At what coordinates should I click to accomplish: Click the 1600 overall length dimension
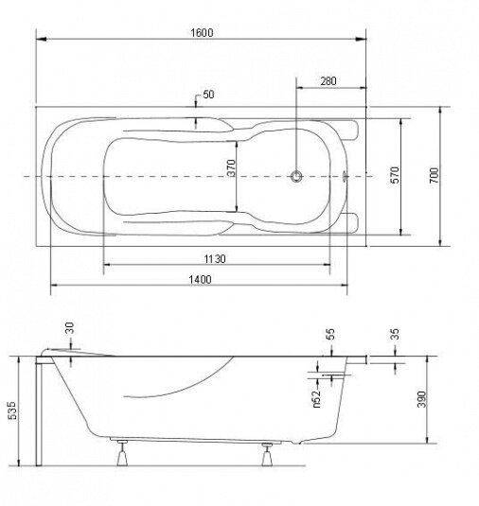point(202,32)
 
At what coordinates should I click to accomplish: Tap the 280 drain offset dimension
point(328,81)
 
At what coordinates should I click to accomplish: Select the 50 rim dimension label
point(208,95)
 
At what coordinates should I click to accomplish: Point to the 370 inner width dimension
point(231,167)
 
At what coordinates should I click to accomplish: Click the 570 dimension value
point(395,175)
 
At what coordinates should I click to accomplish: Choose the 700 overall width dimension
point(435,176)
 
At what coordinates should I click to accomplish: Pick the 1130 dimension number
point(215,259)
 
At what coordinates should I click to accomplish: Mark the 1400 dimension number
point(200,279)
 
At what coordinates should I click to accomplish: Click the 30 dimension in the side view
point(69,328)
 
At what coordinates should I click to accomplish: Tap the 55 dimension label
point(330,334)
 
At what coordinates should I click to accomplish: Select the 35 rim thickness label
point(395,334)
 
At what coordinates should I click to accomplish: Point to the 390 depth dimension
point(421,399)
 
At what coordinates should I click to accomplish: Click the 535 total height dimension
point(12,410)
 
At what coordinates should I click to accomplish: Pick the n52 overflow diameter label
point(317,399)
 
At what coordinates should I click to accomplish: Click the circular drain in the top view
point(296,177)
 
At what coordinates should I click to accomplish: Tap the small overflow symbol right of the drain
point(345,176)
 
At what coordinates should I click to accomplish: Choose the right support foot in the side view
point(267,454)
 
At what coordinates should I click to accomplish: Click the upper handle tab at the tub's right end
point(349,131)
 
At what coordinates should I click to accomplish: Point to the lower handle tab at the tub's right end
point(349,222)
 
